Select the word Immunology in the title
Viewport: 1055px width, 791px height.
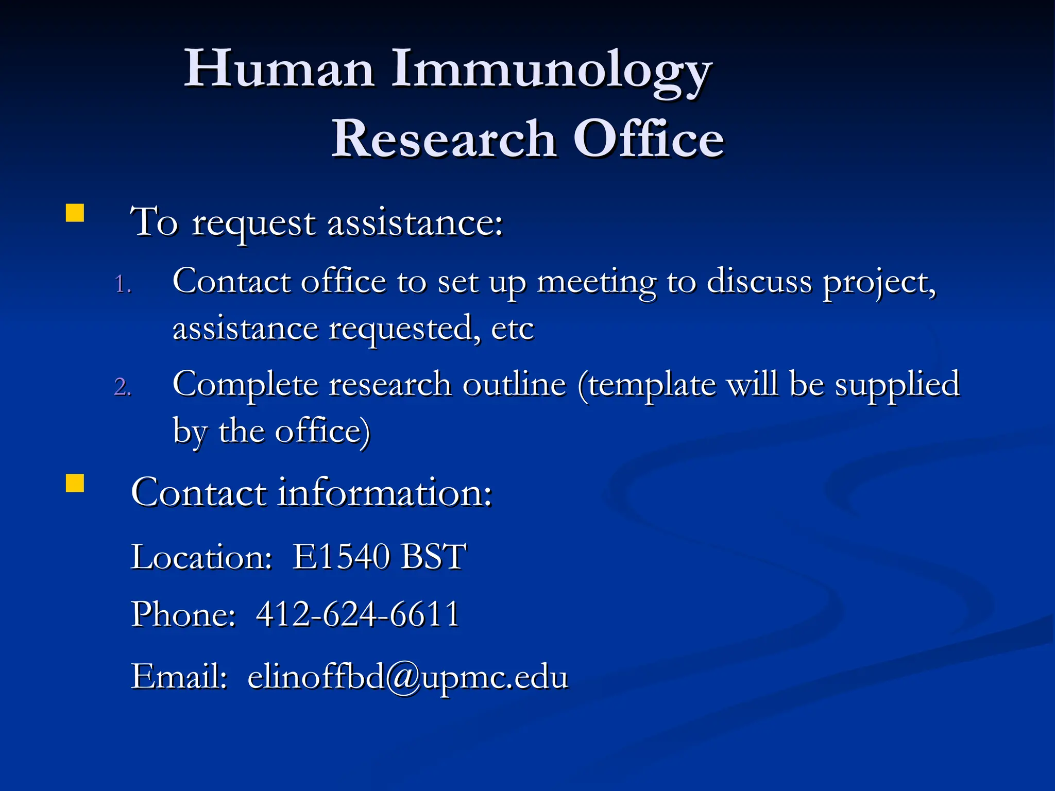pos(551,72)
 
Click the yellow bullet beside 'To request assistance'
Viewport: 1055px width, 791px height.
pos(75,213)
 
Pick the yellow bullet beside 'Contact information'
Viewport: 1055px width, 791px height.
pos(75,484)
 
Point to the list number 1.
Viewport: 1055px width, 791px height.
pos(123,284)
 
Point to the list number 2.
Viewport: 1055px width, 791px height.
pos(123,387)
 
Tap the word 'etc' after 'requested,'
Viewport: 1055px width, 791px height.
pos(513,329)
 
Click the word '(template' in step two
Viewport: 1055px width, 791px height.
pos(647,386)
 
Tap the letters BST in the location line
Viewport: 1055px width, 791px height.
pos(433,557)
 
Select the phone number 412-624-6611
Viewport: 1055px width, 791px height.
pos(358,614)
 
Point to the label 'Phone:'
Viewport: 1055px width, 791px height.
pos(183,614)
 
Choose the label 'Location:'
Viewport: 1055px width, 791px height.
pos(201,557)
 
